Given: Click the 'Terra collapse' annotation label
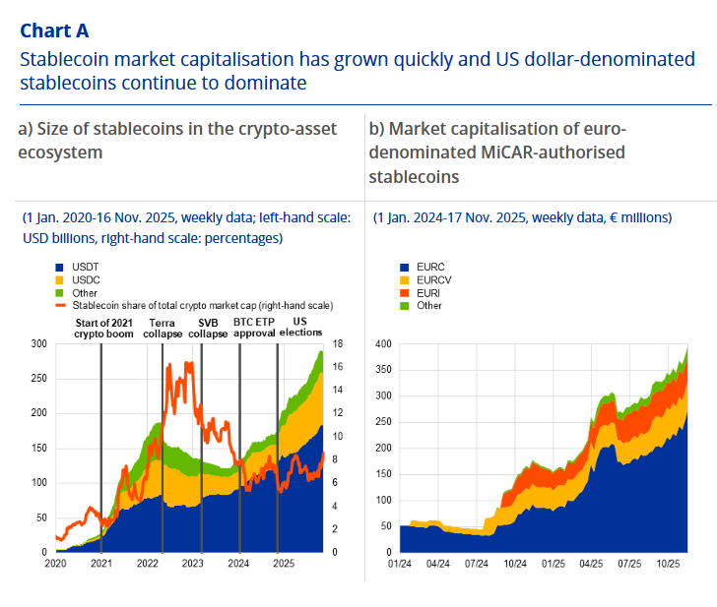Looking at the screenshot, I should click(164, 329).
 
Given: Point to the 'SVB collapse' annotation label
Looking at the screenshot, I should click(209, 329).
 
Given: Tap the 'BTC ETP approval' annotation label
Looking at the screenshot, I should click(254, 329).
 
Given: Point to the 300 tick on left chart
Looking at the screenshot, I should click(38, 343).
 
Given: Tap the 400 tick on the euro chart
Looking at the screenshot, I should click(383, 343).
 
